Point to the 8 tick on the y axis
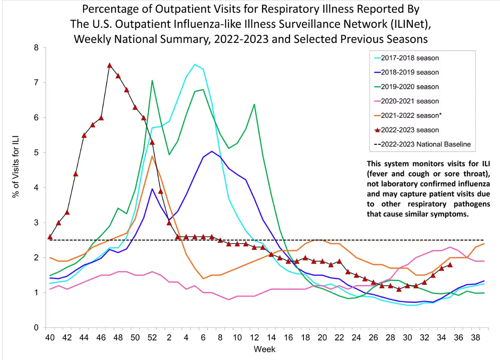(x=36, y=48)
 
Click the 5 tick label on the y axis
(x=36, y=152)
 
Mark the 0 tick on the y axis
(x=36, y=328)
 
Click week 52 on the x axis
(x=152, y=337)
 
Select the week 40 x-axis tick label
(x=50, y=337)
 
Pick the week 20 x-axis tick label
(x=322, y=337)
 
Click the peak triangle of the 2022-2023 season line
(x=110, y=65)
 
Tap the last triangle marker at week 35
(x=450, y=264)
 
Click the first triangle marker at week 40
(x=50, y=237)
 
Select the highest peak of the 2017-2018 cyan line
(x=194, y=64)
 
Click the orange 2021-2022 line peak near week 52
(x=152, y=156)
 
